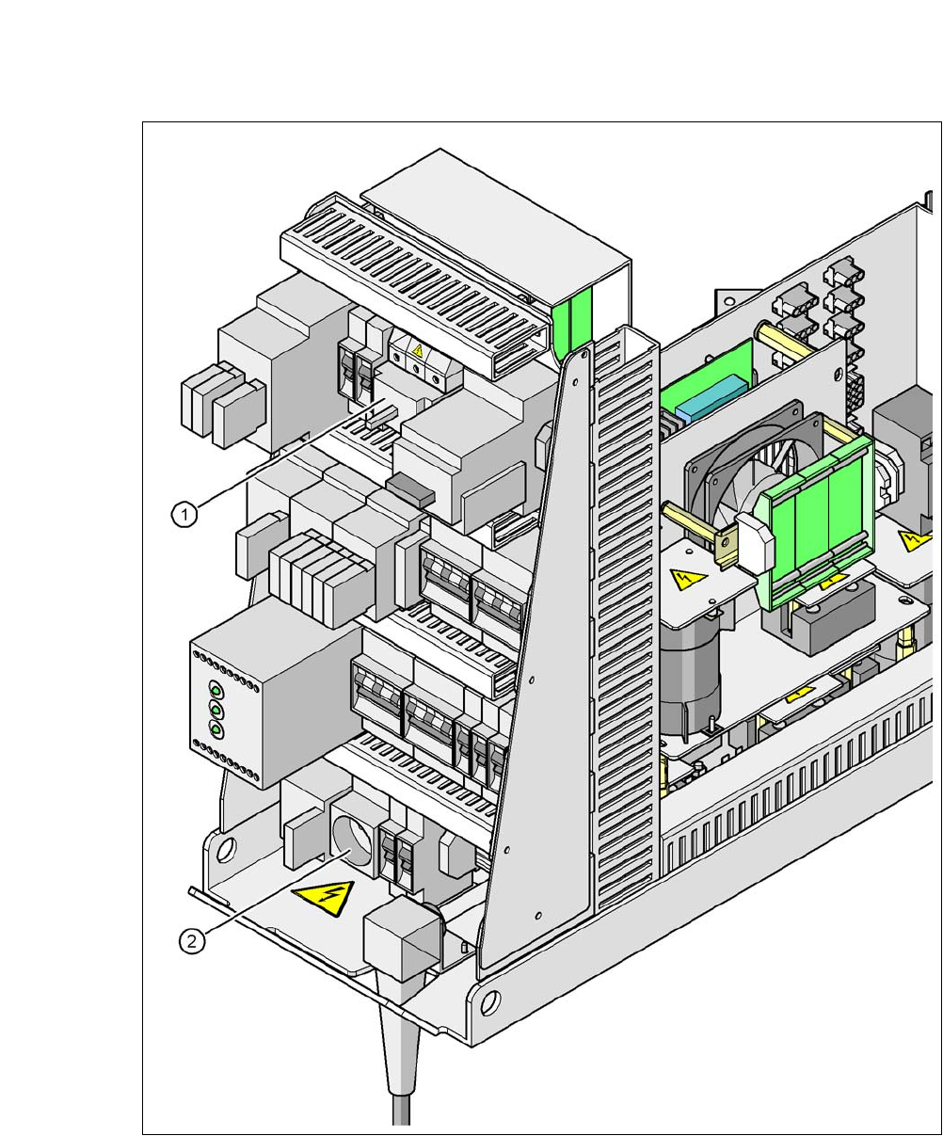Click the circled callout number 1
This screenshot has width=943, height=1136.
tap(184, 514)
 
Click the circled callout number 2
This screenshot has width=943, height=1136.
tap(192, 941)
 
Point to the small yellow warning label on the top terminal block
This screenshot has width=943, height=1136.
tap(417, 350)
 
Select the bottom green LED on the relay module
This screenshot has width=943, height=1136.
tap(216, 730)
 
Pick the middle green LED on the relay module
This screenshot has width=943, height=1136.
tap(216, 710)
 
